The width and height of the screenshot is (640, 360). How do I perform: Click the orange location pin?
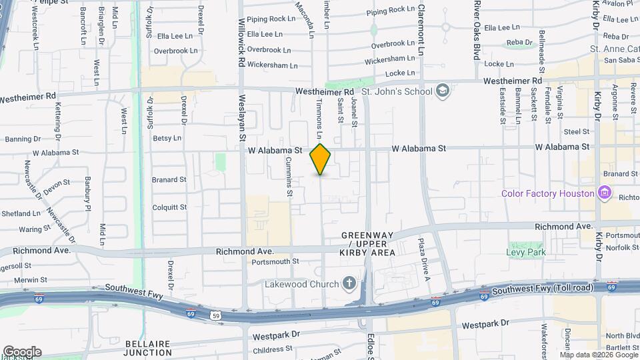[320, 159]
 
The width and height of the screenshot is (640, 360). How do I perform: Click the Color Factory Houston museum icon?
[605, 193]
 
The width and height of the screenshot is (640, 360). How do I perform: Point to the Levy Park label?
[526, 252]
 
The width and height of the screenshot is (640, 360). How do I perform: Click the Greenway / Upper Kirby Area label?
[368, 244]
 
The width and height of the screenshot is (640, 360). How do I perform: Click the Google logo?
[22, 352]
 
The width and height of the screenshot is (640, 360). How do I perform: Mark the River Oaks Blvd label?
[477, 30]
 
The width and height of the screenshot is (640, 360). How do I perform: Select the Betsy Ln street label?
[167, 139]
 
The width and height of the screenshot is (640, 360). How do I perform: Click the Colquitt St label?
[169, 207]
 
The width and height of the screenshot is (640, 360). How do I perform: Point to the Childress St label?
[273, 349]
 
